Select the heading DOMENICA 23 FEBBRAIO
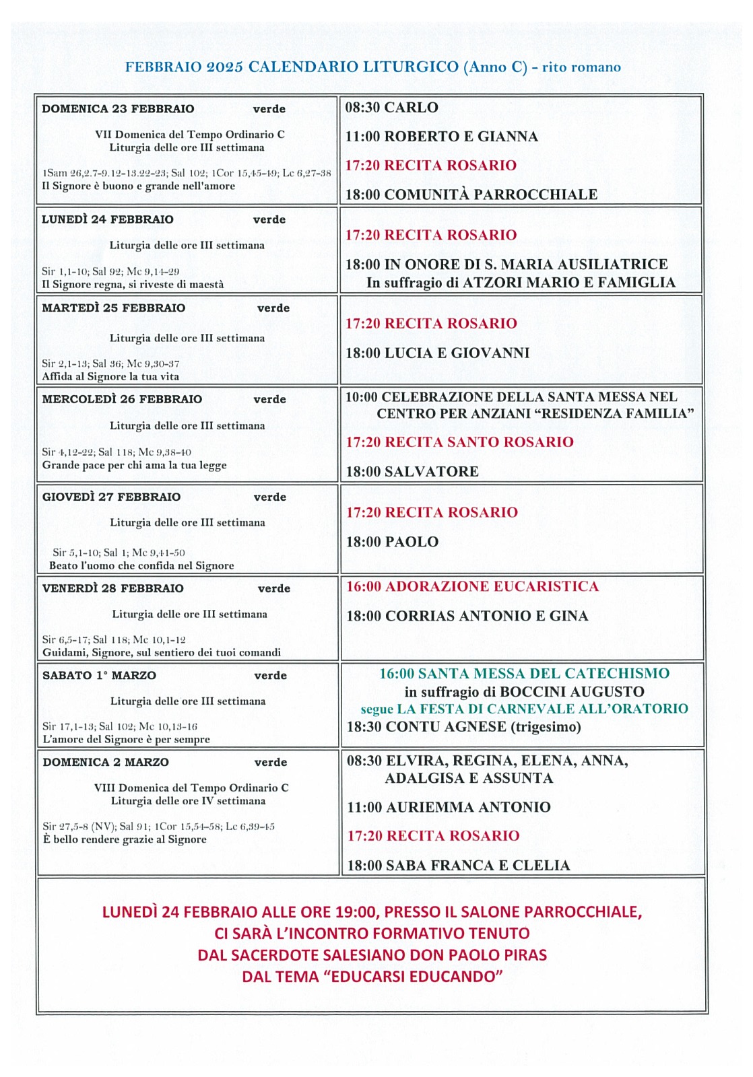tap(118, 109)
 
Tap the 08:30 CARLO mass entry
tap(391, 108)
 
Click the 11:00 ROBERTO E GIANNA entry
tap(441, 137)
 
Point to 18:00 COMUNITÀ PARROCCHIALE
tap(471, 195)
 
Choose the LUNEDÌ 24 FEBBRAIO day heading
tap(108, 219)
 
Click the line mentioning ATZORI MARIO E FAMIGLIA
tap(521, 283)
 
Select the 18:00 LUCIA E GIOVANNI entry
tap(437, 353)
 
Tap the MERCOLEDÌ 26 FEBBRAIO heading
tap(122, 399)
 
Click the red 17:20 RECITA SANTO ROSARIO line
tap(459, 442)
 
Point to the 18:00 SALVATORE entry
tap(412, 472)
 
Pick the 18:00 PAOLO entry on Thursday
tap(392, 542)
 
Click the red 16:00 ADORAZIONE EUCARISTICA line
tap(472, 586)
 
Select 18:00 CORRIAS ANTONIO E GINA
tap(467, 616)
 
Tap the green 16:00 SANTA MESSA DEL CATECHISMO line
tap(524, 674)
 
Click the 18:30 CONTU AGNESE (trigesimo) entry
tap(463, 727)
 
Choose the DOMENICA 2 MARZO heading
tap(106, 763)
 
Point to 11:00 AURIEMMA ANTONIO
tap(449, 807)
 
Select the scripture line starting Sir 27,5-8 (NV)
tap(158, 827)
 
